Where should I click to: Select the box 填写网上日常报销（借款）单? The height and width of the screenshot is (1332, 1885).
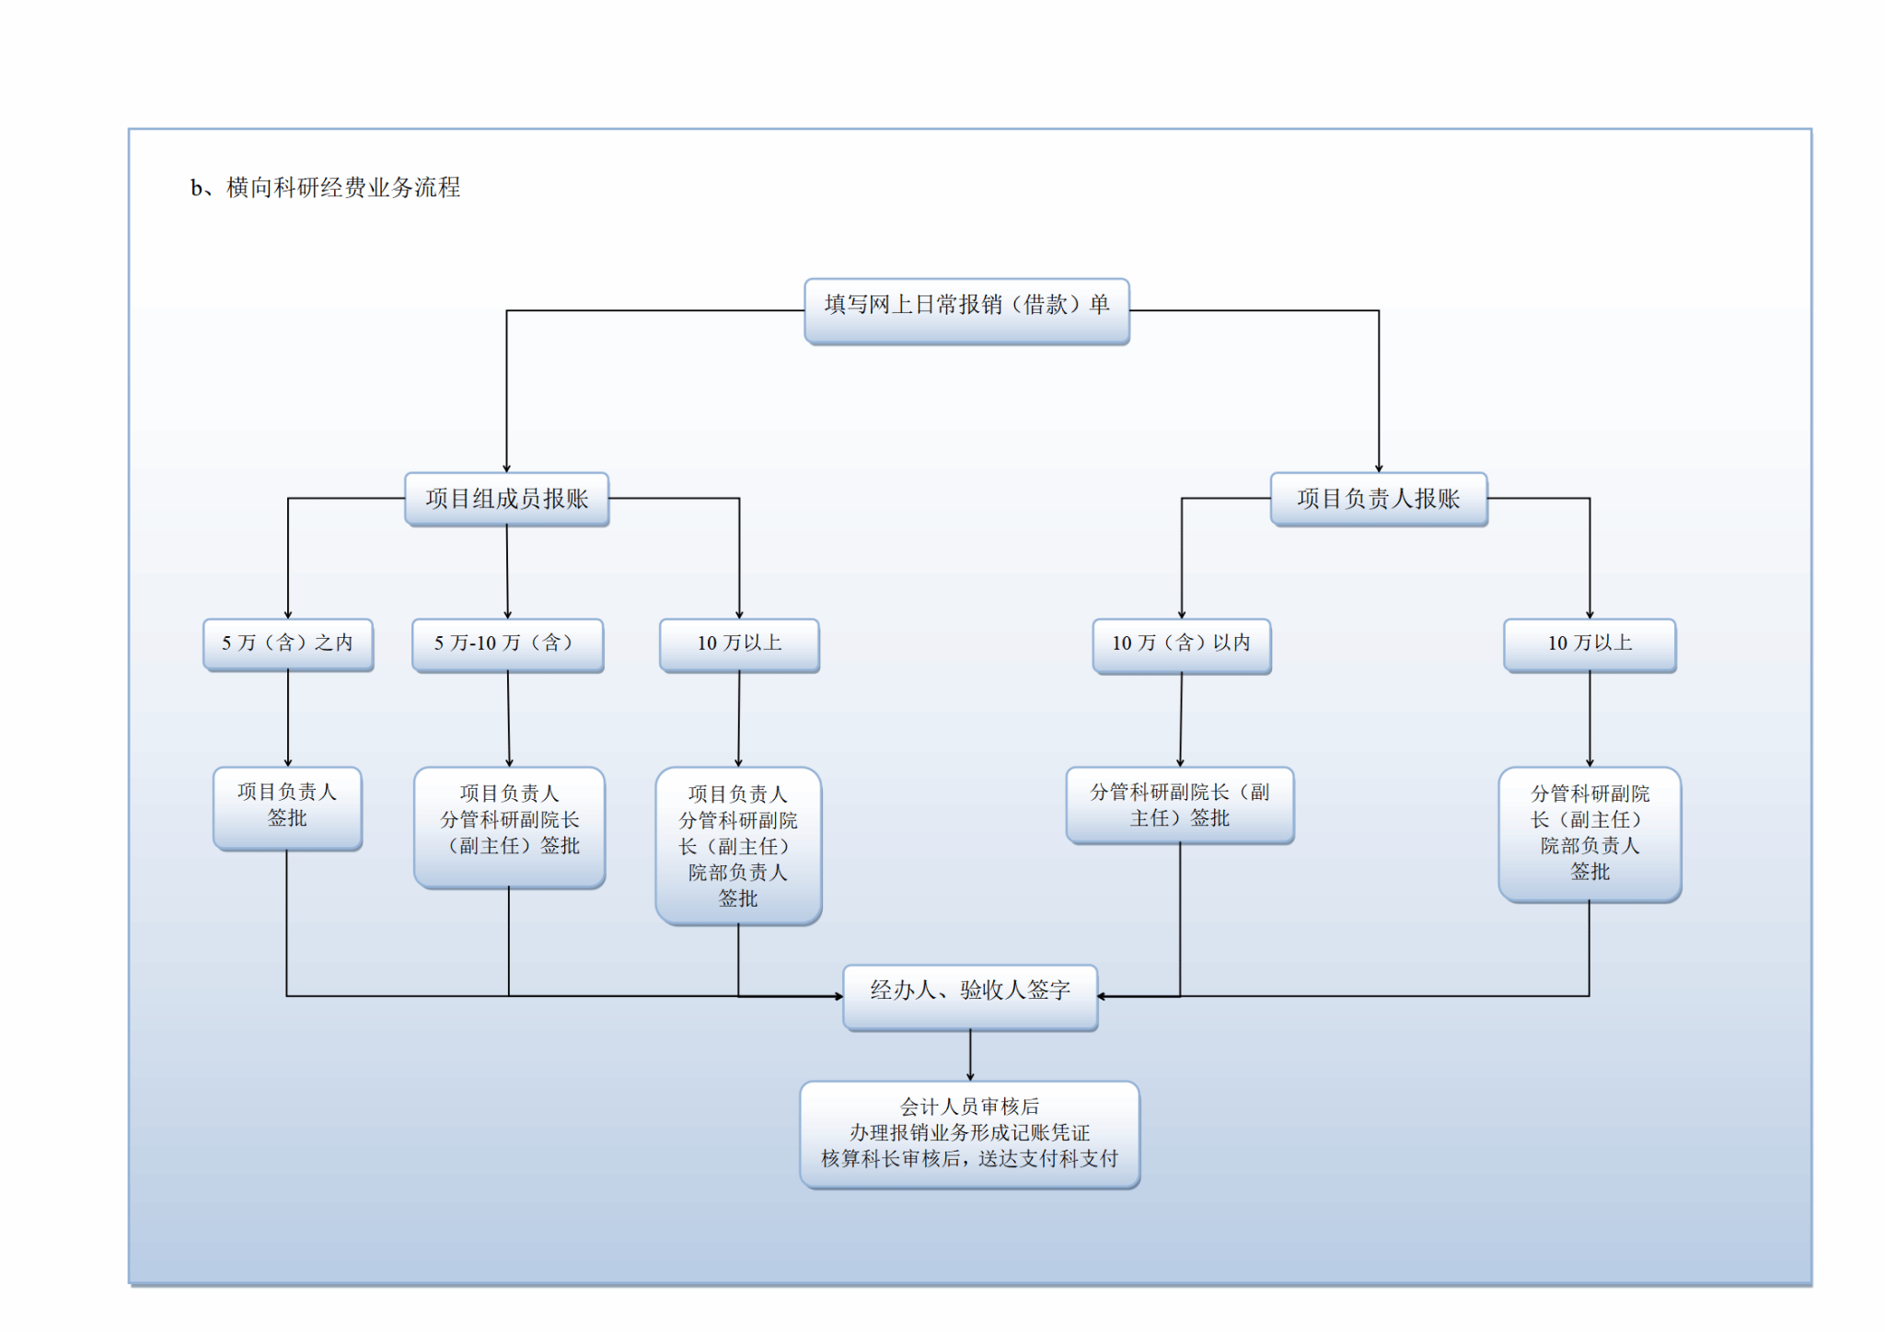pos(966,310)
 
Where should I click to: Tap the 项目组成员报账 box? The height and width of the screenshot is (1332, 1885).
pos(506,499)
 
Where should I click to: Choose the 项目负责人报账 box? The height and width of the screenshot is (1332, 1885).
pos(1378,499)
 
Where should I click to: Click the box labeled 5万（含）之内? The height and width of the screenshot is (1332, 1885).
pos(287,643)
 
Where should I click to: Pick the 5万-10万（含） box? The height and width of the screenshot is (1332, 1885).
pos(507,644)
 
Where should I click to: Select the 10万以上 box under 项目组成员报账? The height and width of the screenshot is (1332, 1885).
pos(739,644)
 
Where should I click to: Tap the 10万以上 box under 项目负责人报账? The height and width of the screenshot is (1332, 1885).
pos(1590,644)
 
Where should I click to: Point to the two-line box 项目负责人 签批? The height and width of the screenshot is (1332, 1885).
pos(287,807)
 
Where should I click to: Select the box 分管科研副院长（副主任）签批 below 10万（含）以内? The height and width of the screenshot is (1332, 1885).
pos(1180,805)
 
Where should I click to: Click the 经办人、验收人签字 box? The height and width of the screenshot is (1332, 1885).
pos(970,996)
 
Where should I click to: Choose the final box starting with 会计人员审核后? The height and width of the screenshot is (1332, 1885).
pos(969,1134)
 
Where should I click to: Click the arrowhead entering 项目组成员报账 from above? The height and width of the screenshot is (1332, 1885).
pos(506,469)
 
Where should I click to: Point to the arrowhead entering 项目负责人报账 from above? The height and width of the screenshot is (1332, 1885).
pos(1379,469)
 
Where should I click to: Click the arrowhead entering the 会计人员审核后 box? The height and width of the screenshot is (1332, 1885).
pos(970,1077)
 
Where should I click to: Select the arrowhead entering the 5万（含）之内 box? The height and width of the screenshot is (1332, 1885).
pos(288,615)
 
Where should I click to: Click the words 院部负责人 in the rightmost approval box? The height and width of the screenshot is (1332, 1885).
pos(1590,846)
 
